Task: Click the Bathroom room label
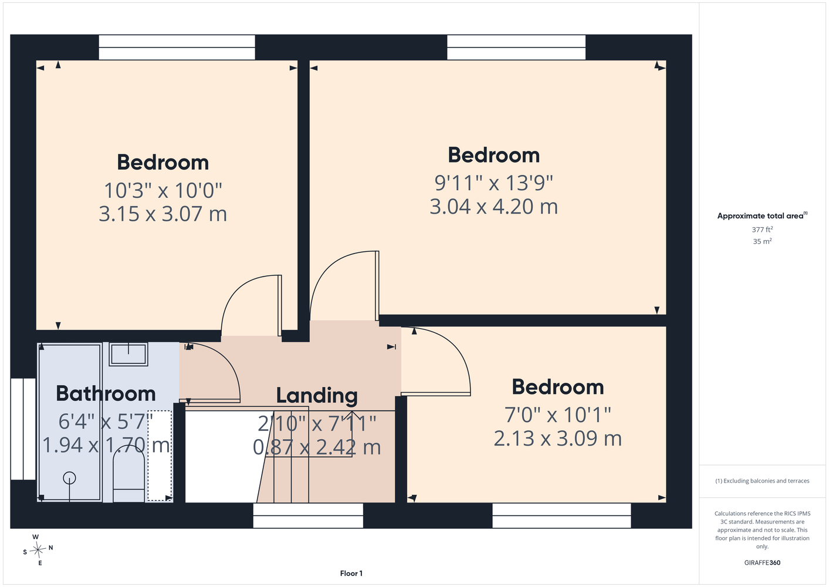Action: click(106, 393)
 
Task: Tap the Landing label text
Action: click(317, 396)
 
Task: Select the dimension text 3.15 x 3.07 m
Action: click(163, 214)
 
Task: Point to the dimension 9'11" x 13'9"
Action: click(493, 183)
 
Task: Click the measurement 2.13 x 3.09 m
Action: click(558, 438)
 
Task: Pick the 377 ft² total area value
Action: click(762, 230)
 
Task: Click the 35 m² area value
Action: click(762, 241)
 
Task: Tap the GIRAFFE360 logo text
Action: click(762, 562)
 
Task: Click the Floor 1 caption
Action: click(351, 573)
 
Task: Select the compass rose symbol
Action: click(38, 549)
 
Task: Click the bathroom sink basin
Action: click(128, 354)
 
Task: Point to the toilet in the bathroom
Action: click(128, 474)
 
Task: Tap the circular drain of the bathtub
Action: click(69, 478)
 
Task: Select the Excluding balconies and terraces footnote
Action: click(762, 481)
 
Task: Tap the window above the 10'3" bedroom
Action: click(177, 48)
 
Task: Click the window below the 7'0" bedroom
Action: click(561, 515)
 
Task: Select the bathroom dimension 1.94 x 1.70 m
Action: click(106, 445)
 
